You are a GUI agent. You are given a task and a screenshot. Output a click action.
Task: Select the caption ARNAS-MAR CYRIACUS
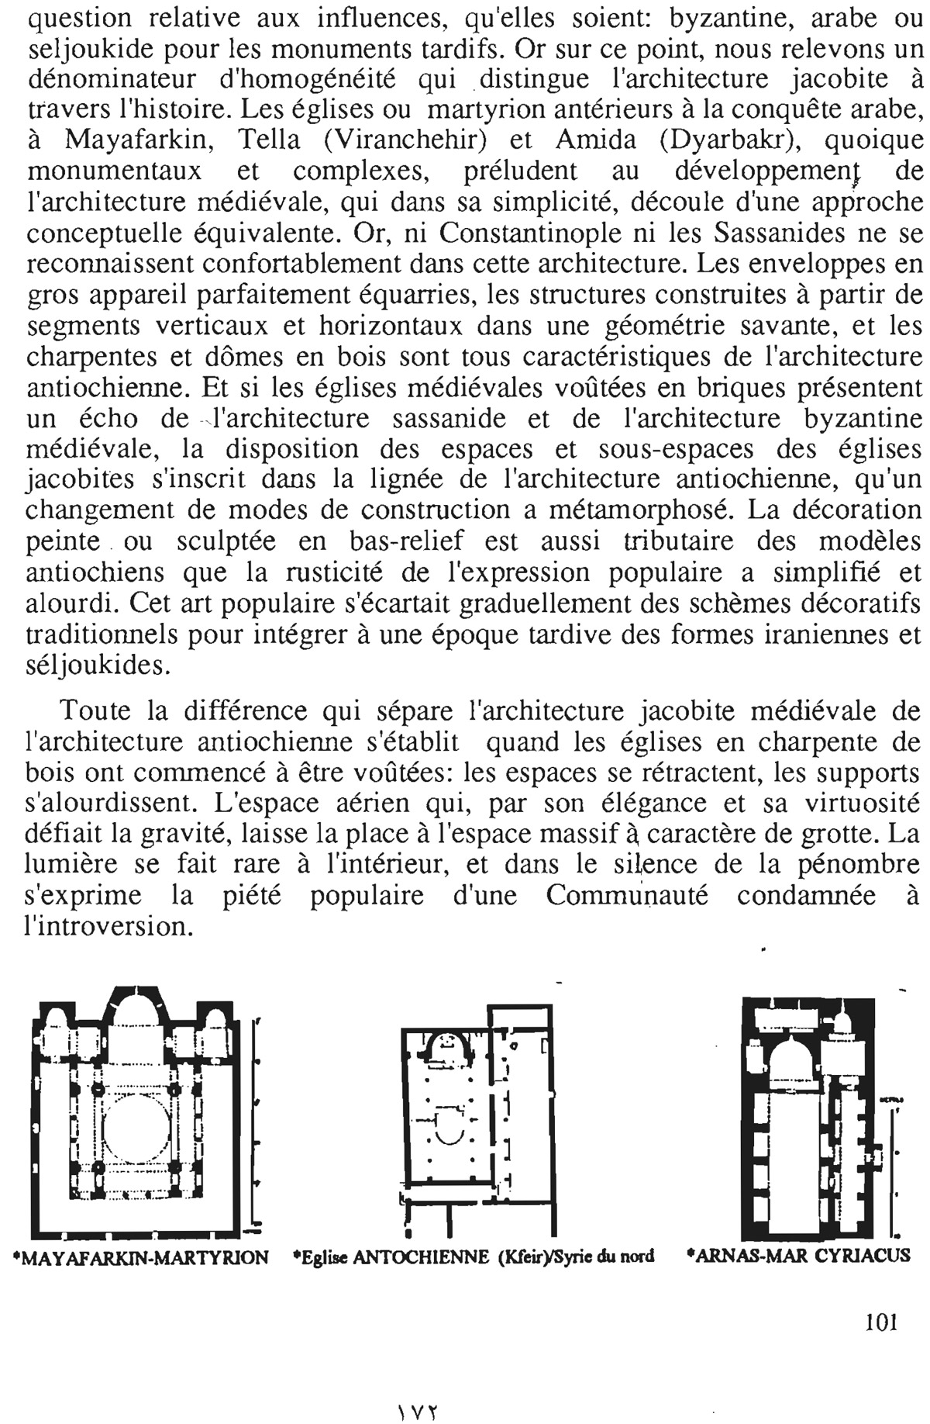pyautogui.click(x=799, y=1254)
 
